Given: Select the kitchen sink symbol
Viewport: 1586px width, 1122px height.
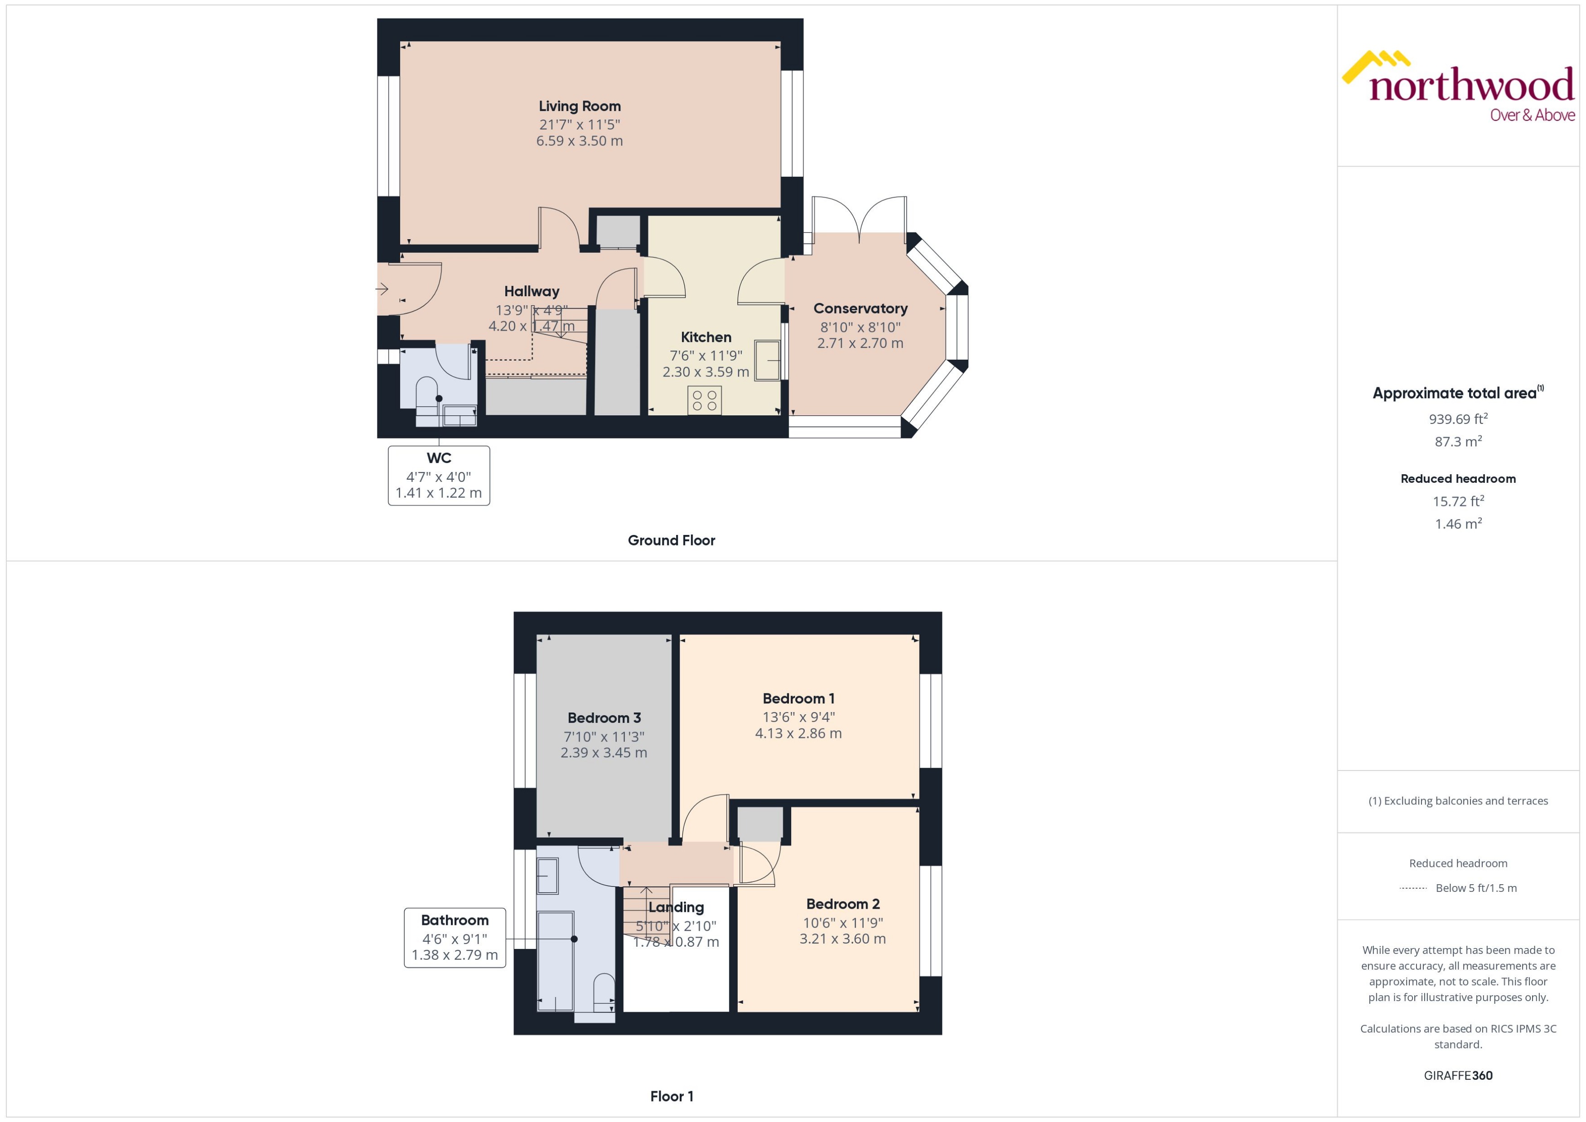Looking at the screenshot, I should [x=767, y=360].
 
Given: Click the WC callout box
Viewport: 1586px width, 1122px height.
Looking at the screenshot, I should [x=439, y=475].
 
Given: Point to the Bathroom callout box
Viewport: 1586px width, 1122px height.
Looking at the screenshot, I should [x=455, y=938].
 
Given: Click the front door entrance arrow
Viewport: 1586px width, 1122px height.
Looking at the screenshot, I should [x=382, y=289].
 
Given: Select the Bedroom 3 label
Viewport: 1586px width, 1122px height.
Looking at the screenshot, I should [x=604, y=718].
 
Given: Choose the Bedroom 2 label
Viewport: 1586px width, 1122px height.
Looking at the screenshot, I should [x=842, y=904].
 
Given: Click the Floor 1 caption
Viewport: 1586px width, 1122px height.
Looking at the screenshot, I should [x=671, y=1097].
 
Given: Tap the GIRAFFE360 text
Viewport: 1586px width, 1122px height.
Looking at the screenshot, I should [x=1457, y=1076].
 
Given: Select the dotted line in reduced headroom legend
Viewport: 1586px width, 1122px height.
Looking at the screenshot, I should [x=1412, y=888].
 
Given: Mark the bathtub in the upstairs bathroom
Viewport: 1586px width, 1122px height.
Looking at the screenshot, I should [x=556, y=960].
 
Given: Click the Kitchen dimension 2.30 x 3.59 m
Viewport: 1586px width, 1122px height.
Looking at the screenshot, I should [x=706, y=372].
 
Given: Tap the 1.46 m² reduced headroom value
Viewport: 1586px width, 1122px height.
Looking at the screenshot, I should [x=1457, y=524].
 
